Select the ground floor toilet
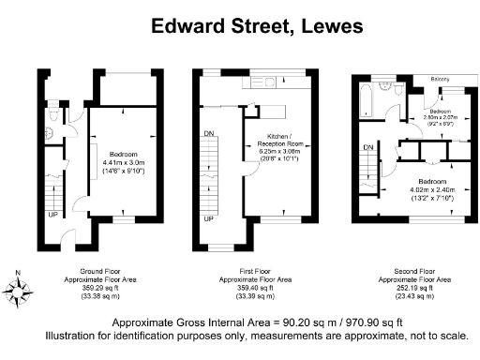[56, 114]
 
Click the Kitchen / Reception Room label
[280, 137]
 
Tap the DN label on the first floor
[208, 133]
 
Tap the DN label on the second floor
[368, 148]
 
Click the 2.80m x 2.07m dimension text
[438, 117]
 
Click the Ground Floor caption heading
[91, 272]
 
